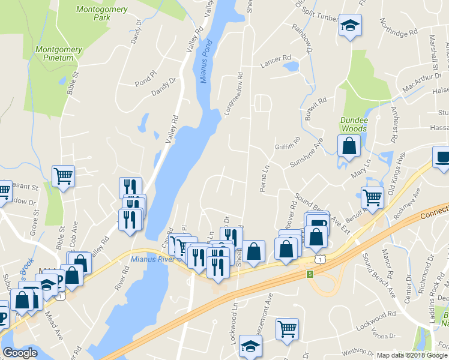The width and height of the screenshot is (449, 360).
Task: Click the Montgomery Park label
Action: point(94,13)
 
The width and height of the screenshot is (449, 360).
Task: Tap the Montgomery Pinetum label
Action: point(55,53)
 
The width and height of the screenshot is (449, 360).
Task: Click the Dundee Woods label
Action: point(354,124)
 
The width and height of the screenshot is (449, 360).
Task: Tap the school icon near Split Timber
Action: point(348,26)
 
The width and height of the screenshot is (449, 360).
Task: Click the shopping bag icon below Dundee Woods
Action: point(349,146)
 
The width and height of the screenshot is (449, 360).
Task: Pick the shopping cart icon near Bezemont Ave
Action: point(288,329)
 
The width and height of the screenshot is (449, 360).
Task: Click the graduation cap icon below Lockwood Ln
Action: point(250,346)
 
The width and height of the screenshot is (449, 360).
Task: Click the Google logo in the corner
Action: point(20,353)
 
